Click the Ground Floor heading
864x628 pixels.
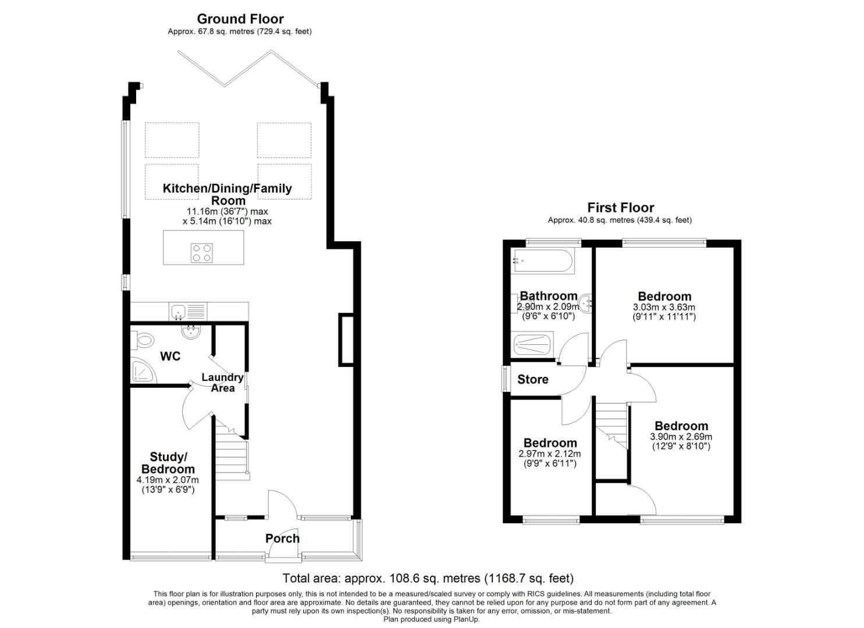click(x=240, y=19)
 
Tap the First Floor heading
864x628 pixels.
click(x=620, y=208)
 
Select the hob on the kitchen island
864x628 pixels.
click(x=202, y=252)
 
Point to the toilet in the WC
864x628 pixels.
click(x=143, y=340)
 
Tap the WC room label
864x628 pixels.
click(x=170, y=356)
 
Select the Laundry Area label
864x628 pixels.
click(x=222, y=383)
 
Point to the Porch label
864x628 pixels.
click(x=282, y=538)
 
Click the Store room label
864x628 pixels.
click(x=532, y=380)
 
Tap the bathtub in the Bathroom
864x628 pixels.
click(x=543, y=262)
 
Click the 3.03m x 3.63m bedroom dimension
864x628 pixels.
click(x=664, y=308)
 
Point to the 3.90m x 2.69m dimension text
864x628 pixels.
click(x=681, y=437)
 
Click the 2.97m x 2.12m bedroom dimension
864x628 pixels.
click(x=549, y=454)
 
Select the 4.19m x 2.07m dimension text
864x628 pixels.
click(x=168, y=480)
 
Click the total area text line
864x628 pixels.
click(x=428, y=579)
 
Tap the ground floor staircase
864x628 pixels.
click(x=231, y=459)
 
